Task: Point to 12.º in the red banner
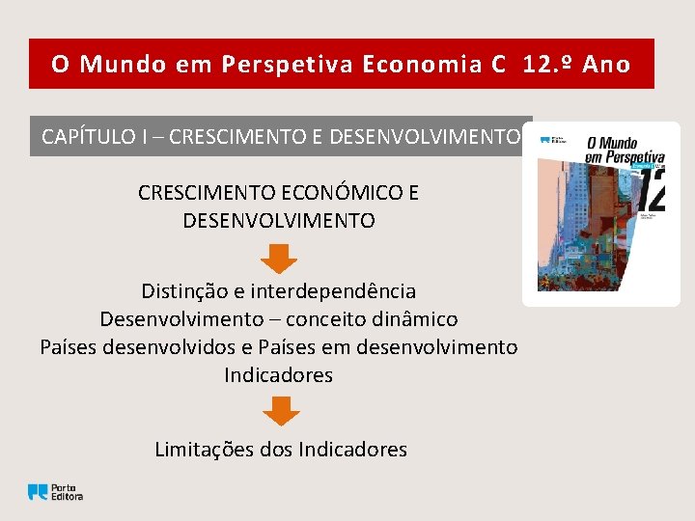549,65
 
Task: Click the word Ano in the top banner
607,65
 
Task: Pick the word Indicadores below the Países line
278,374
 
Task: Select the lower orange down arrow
281,412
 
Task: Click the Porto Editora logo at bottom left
55,491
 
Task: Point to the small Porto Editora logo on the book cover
553,141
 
